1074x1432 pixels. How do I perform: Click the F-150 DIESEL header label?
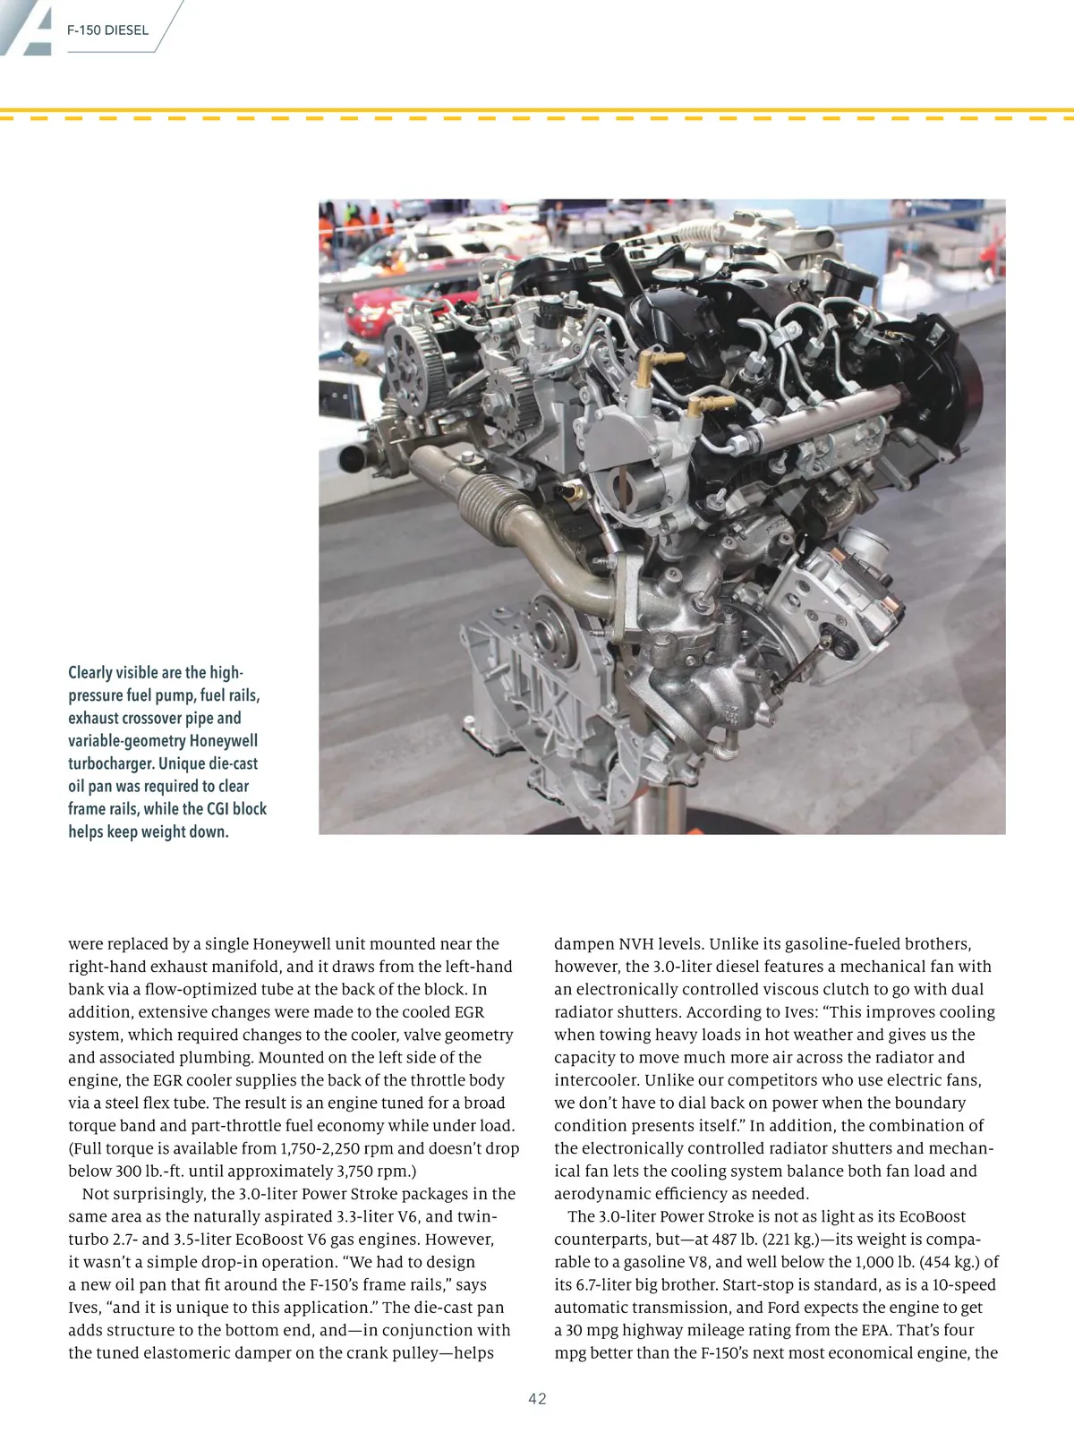(x=107, y=30)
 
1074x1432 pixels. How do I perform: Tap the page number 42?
(x=537, y=1399)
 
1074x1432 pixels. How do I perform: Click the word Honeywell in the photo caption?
(x=223, y=741)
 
